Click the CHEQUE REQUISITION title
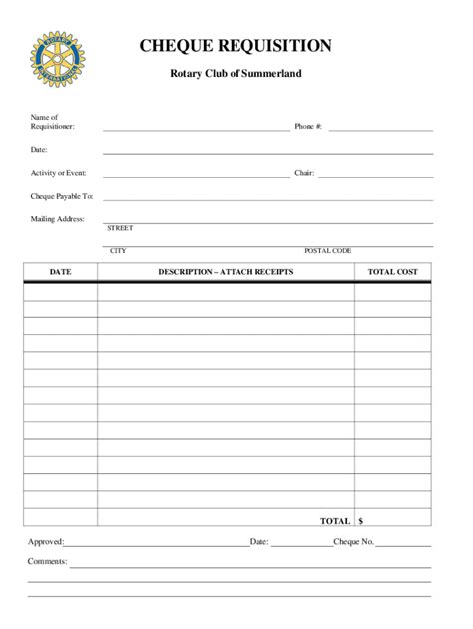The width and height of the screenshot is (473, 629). tap(236, 46)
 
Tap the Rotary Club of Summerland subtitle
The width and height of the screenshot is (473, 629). tap(236, 74)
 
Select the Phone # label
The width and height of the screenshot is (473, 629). tap(308, 127)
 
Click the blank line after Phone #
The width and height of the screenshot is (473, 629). tap(381, 129)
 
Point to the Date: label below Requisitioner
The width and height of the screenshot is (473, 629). tap(39, 150)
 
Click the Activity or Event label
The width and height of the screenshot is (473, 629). tap(59, 173)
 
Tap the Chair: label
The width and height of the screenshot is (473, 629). tap(304, 173)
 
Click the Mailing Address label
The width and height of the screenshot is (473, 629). tap(58, 218)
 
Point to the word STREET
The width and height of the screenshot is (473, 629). tap(120, 228)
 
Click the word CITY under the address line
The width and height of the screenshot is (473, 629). tap(118, 250)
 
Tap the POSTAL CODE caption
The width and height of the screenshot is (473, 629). tap(328, 250)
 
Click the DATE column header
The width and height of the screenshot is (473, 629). tap(60, 272)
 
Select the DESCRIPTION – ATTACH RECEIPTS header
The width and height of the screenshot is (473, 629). tap(226, 272)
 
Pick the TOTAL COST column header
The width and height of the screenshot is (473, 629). tap(392, 272)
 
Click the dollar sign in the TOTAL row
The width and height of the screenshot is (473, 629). tap(361, 521)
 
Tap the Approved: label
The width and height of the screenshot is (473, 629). tap(46, 542)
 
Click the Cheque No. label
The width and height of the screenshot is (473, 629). tap(353, 542)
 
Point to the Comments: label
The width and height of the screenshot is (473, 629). tap(47, 561)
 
